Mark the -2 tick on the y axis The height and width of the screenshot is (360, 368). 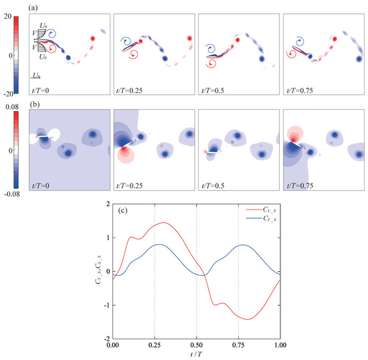pyautogui.click(x=105, y=339)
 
